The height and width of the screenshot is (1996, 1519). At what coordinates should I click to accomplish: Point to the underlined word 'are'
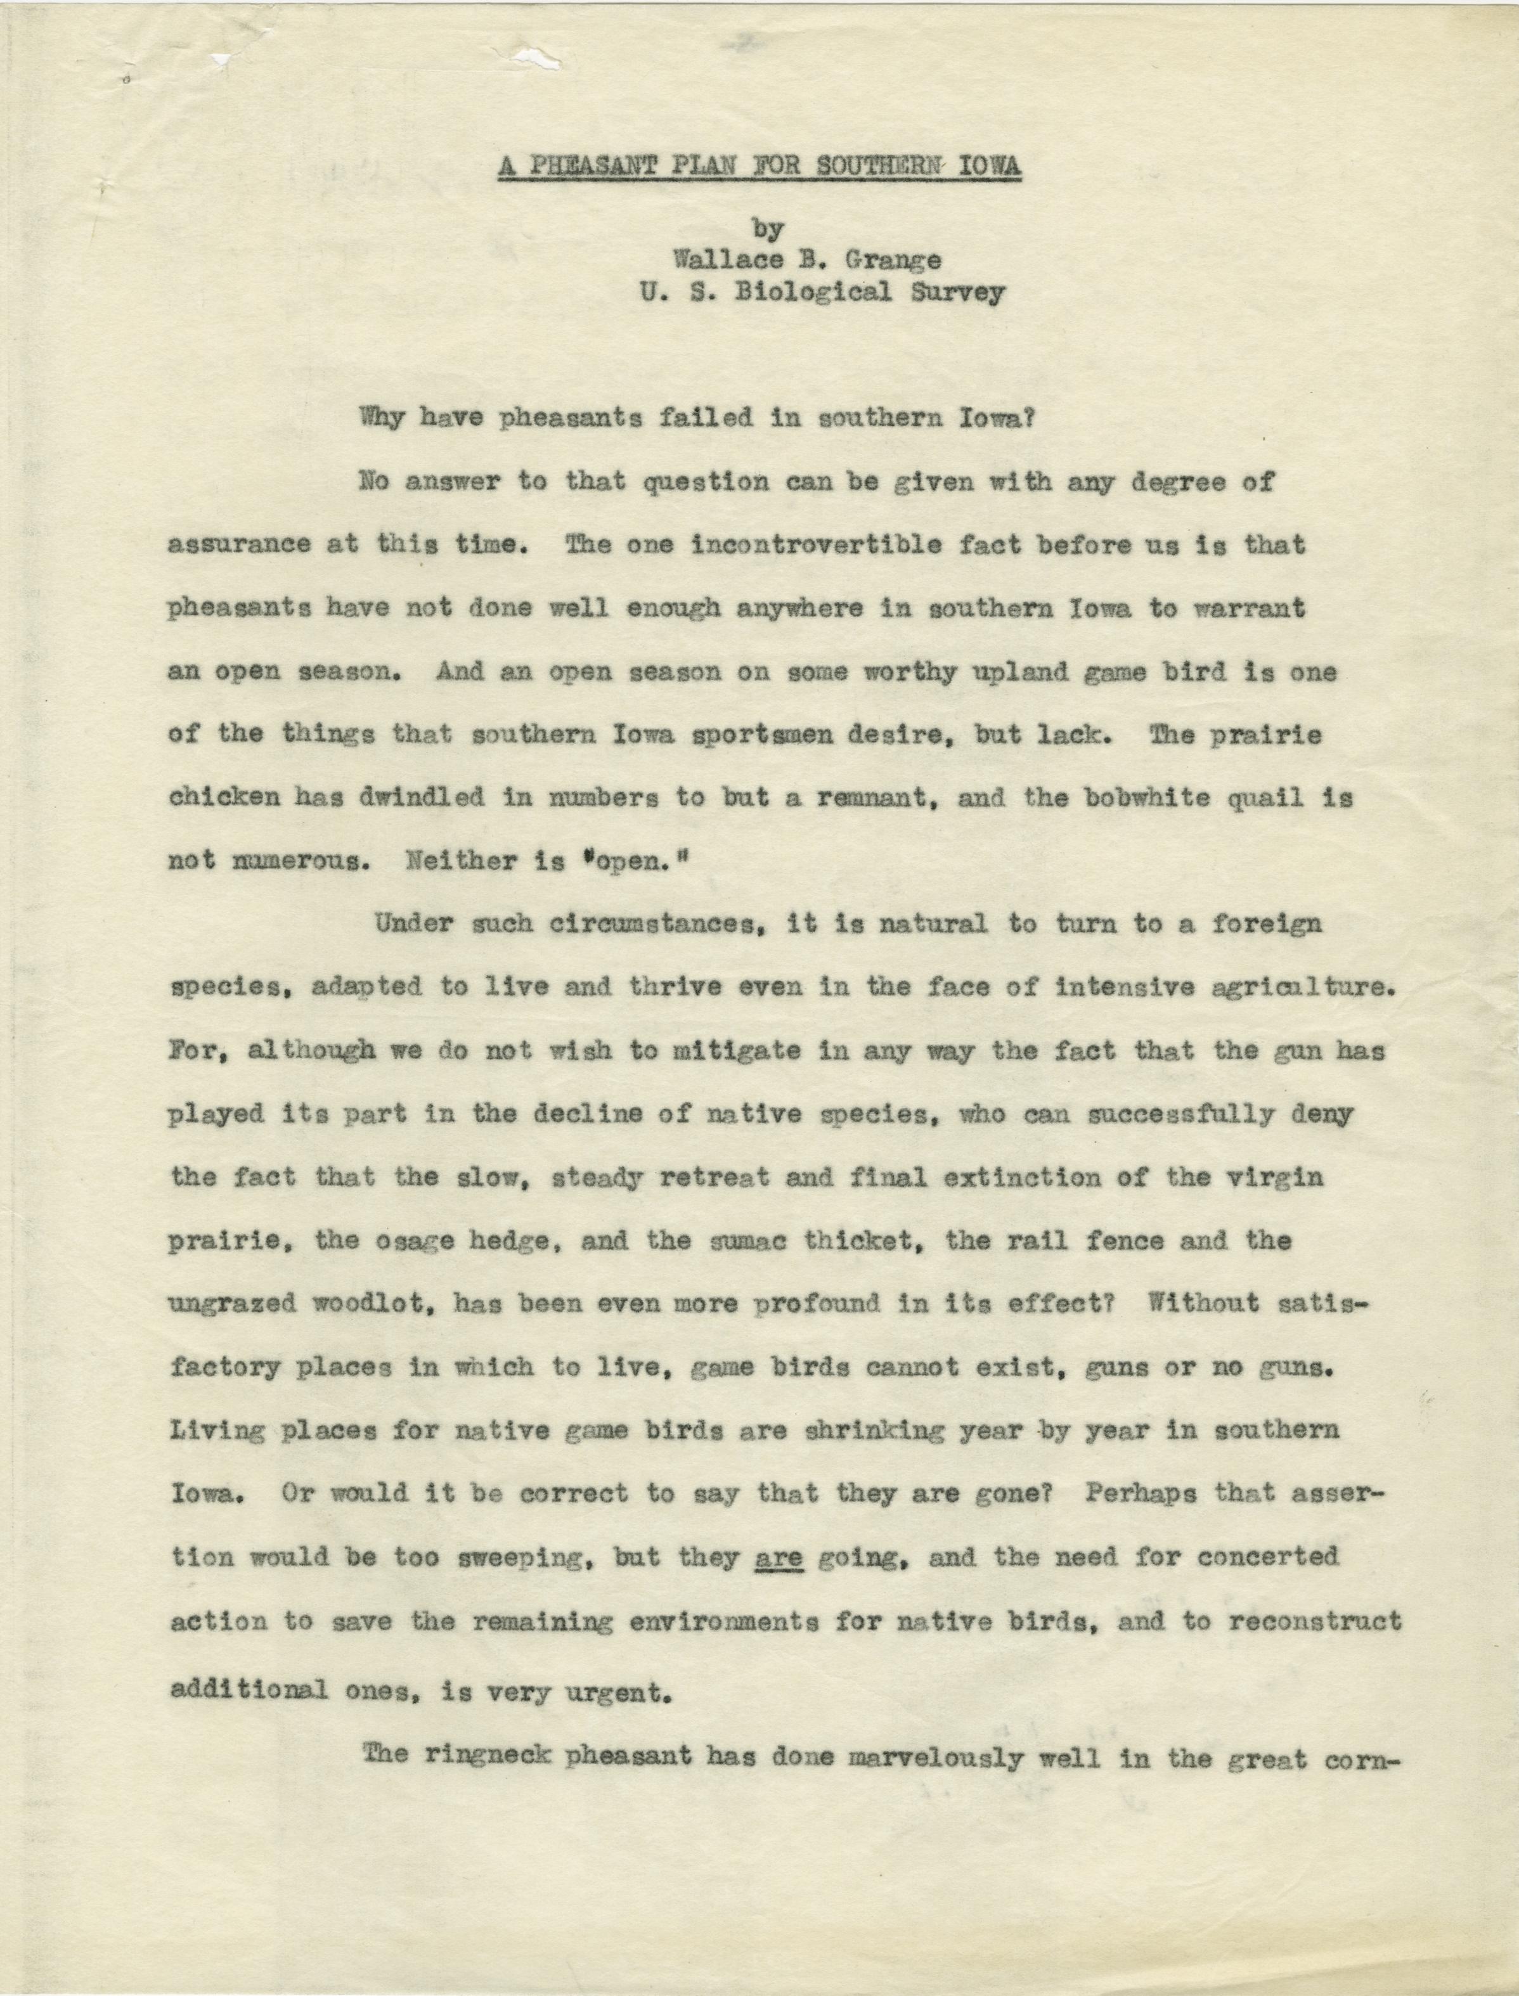[779, 1557]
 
